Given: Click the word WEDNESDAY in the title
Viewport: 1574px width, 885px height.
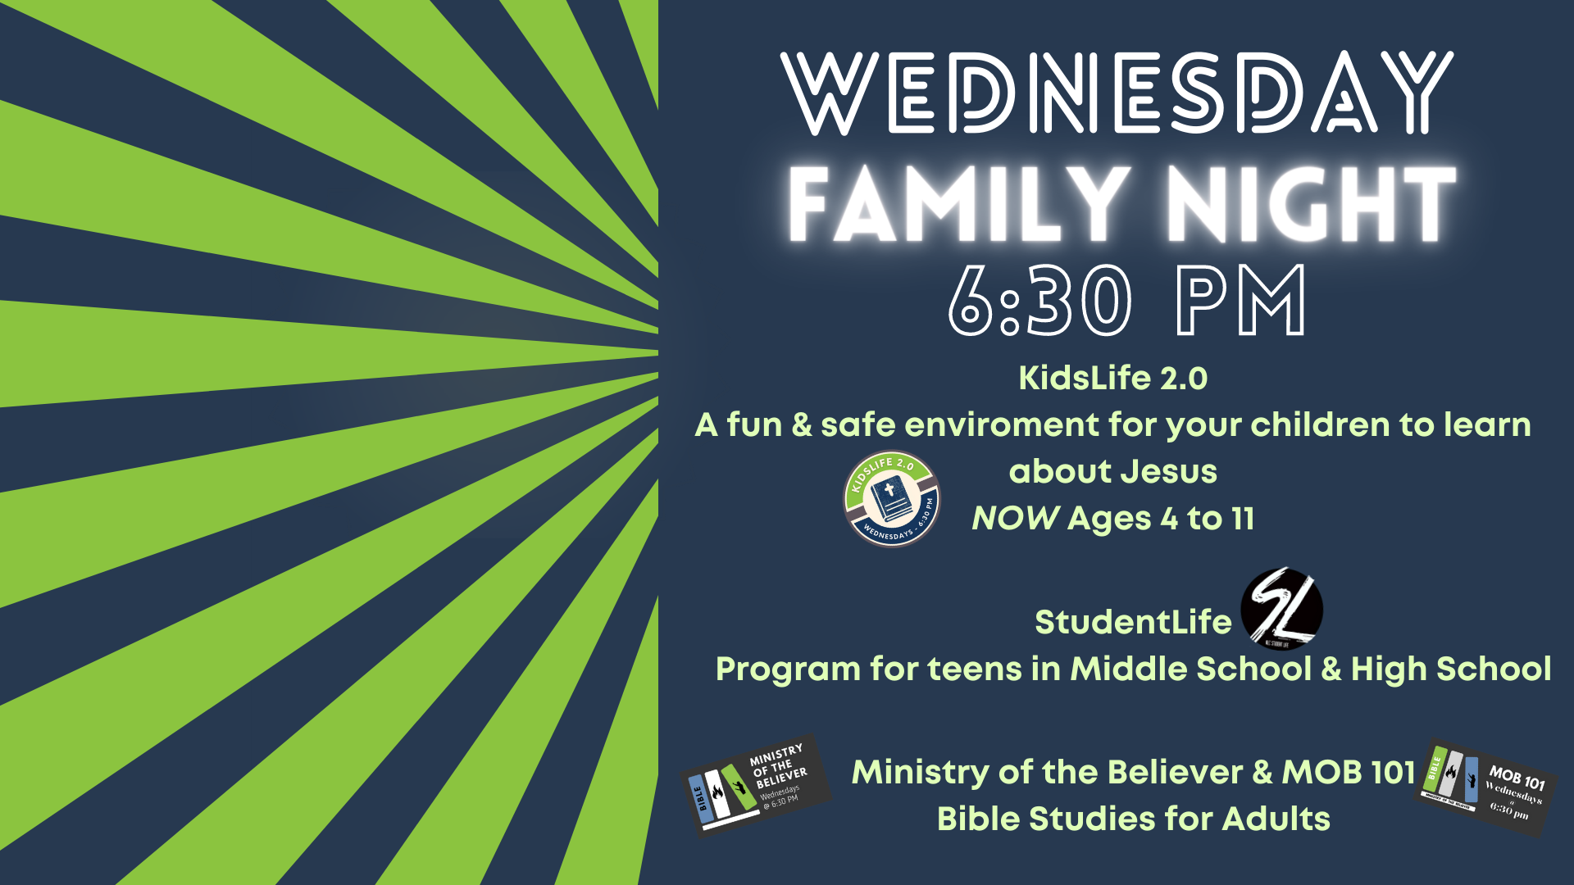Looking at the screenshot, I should tap(1117, 93).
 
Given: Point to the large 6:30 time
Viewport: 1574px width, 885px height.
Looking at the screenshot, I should tap(1040, 301).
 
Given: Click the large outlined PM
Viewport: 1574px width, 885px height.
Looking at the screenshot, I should tap(1241, 301).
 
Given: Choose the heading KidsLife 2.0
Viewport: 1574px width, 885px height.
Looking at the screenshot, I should tap(1112, 379).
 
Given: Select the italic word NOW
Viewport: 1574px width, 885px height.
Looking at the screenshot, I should tap(1015, 519).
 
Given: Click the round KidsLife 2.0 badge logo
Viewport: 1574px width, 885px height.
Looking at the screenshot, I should tap(891, 499).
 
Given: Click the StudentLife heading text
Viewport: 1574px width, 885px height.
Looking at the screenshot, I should tap(1133, 622).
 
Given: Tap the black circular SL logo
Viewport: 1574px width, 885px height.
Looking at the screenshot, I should tap(1281, 610).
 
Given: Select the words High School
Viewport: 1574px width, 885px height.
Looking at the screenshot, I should tap(1451, 669).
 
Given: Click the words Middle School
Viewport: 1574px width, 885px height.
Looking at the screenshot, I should tap(1190, 669).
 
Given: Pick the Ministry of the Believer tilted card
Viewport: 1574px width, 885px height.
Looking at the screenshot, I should tap(756, 785).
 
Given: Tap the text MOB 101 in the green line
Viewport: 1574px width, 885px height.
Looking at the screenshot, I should tap(1349, 772).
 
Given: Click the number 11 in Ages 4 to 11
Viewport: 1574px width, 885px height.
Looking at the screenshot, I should tap(1243, 519).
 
